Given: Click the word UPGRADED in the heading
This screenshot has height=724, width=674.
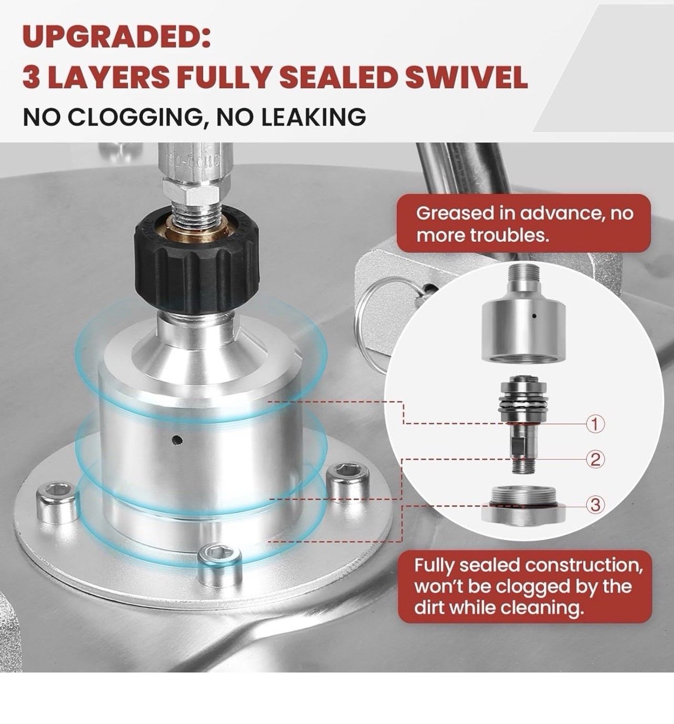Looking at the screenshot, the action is (117, 36).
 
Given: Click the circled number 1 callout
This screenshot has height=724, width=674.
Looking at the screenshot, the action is (595, 425).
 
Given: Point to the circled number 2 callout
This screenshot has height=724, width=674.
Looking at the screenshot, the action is (595, 460).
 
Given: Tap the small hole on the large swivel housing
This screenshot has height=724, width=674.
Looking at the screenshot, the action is (178, 440).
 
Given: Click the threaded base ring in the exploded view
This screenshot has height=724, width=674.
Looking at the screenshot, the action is (523, 505).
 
